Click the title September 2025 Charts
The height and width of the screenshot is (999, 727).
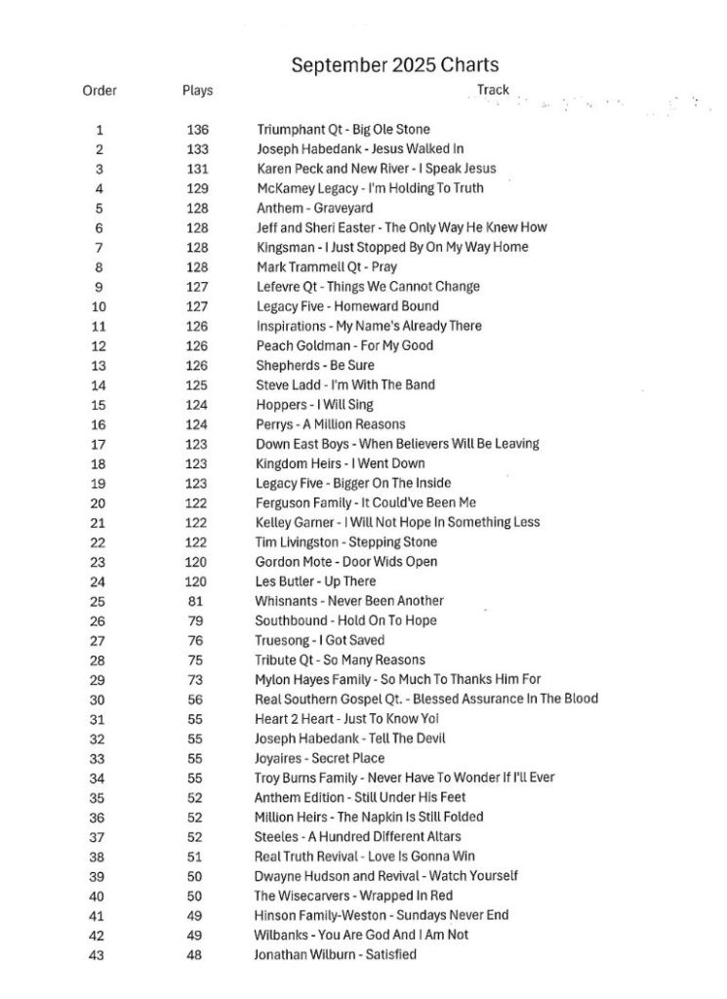click(395, 65)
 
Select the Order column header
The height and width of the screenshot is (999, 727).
click(100, 91)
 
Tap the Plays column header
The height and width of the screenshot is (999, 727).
click(197, 91)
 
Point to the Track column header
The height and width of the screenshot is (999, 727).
click(493, 90)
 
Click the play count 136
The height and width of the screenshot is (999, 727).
click(197, 130)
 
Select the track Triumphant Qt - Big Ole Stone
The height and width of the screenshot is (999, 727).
click(343, 130)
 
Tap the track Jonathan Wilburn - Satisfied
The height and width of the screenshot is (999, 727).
click(335, 955)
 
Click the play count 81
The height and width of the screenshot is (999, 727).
click(197, 601)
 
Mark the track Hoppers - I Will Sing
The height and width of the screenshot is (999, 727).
click(314, 405)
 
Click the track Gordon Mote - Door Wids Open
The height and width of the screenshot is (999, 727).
click(345, 562)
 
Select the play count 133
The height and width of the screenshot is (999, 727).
click(197, 149)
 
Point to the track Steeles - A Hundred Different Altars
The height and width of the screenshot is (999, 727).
click(357, 837)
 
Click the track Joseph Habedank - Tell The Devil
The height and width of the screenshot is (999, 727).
click(349, 739)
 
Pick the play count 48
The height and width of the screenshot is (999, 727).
click(197, 955)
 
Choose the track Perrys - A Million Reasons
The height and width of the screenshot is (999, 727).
click(330, 424)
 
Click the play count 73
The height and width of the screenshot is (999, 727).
click(197, 680)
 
